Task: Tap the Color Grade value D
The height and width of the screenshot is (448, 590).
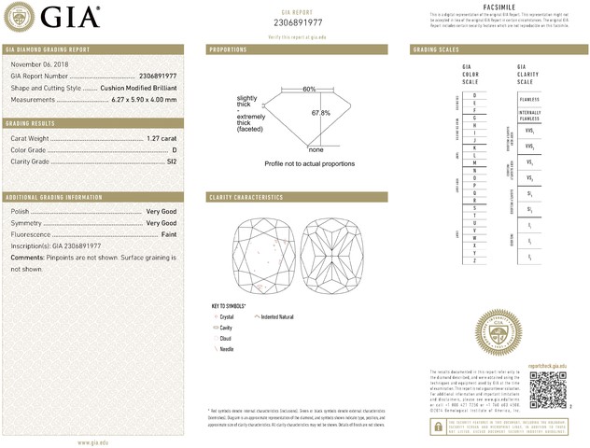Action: tap(175, 149)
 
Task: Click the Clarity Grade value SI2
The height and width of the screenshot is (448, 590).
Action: tap(171, 161)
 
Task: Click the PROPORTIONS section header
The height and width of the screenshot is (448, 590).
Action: tap(227, 49)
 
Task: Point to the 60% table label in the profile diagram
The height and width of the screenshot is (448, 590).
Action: tap(309, 89)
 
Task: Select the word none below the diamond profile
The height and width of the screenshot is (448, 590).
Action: tap(316, 149)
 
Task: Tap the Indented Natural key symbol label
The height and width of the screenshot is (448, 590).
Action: tap(277, 317)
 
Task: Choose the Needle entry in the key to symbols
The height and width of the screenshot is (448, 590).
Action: tap(226, 348)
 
